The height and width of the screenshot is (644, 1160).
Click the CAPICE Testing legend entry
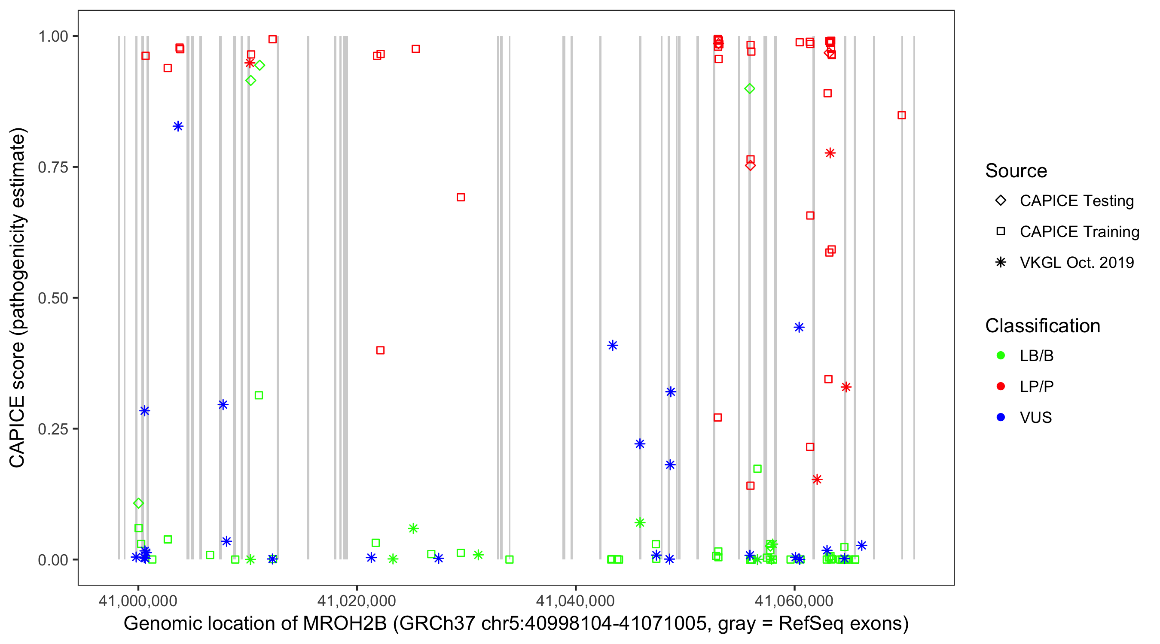1076,201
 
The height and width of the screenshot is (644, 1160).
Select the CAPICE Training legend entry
1079,232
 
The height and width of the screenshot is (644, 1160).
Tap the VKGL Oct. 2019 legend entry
1076,262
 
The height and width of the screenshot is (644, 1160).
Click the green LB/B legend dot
1001,355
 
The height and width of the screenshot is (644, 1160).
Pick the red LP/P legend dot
1001,386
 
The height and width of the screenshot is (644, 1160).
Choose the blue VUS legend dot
1001,417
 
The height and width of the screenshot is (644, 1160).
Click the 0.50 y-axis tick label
52,298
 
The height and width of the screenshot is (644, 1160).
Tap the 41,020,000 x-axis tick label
356,600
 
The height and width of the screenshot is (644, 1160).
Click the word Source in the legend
1016,171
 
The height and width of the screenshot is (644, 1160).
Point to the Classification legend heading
1042,326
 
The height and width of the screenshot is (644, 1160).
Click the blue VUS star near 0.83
178,126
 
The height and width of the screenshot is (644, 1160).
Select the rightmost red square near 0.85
901,115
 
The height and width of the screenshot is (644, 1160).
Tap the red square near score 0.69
461,197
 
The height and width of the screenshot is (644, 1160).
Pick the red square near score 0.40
380,350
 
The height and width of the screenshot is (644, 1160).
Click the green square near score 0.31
259,395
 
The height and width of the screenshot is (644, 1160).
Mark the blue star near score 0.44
799,327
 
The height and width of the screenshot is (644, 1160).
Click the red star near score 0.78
830,153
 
